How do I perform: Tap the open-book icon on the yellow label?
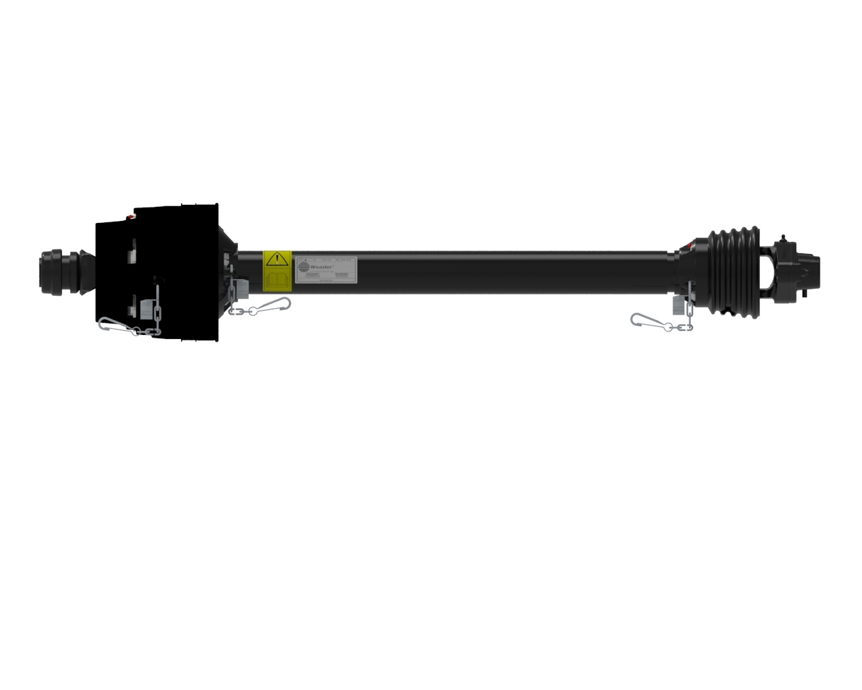click(276, 278)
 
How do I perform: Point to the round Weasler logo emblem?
click(303, 265)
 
